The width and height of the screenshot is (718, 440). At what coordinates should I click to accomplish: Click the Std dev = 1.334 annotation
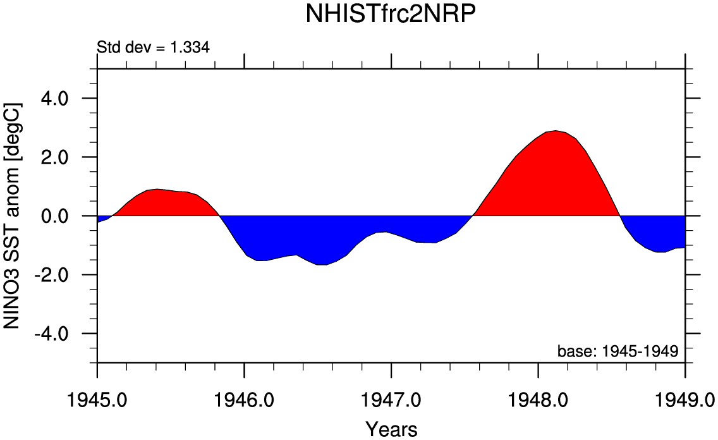[153, 47]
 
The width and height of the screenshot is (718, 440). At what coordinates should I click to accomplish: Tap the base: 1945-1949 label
[618, 351]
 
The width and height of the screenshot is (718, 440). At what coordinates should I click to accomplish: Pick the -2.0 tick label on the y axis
[57, 275]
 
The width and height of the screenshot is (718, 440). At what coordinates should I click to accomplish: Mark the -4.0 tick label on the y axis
[57, 334]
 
